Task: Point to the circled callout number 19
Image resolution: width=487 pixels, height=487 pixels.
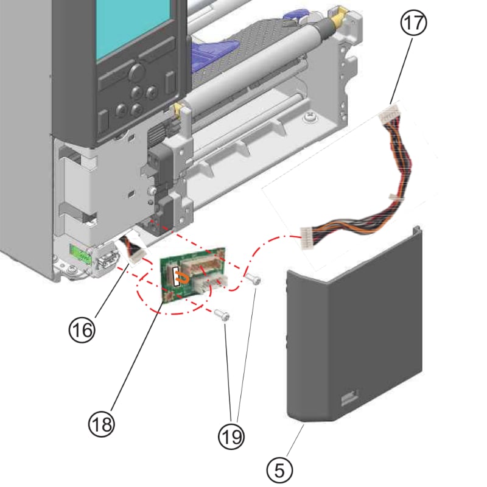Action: (231, 435)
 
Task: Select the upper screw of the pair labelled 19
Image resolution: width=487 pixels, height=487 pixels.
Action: (254, 279)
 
